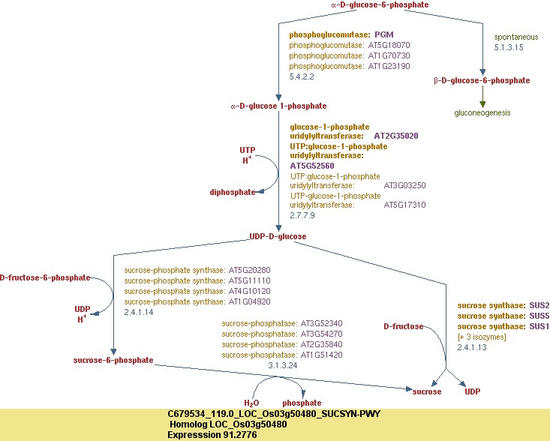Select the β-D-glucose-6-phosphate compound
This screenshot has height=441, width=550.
(x=482, y=80)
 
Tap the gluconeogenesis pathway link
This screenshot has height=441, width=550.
(x=482, y=112)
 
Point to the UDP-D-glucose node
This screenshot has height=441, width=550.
(x=278, y=236)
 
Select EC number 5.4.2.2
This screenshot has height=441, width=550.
(x=302, y=76)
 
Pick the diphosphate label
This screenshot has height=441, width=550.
(x=233, y=192)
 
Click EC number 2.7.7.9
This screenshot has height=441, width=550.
(x=302, y=215)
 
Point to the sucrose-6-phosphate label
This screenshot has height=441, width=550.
(x=113, y=360)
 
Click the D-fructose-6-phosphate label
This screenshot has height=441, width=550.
(x=44, y=277)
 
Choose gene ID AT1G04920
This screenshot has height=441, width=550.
(x=249, y=301)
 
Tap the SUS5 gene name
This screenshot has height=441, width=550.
(x=539, y=316)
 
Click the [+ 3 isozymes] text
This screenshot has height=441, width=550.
(x=482, y=337)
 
